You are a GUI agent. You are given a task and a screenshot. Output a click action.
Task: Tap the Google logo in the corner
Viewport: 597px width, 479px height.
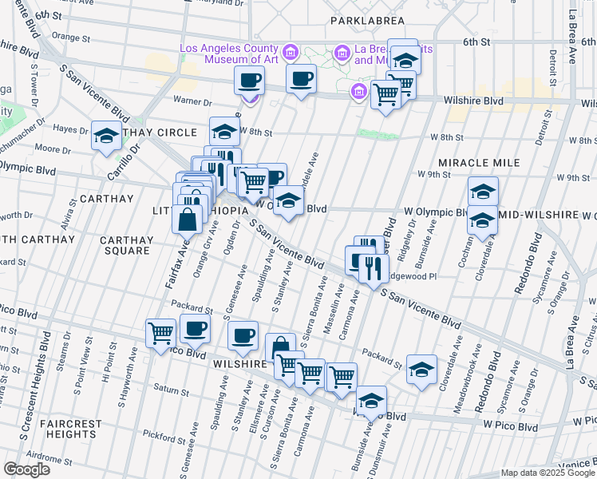(26, 469)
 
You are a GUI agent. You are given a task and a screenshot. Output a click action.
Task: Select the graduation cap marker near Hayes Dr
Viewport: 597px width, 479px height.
(106, 137)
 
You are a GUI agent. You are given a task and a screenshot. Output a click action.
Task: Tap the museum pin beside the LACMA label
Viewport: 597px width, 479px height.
(291, 53)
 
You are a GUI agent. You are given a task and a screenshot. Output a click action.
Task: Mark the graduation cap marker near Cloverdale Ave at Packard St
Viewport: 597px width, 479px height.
(421, 369)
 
